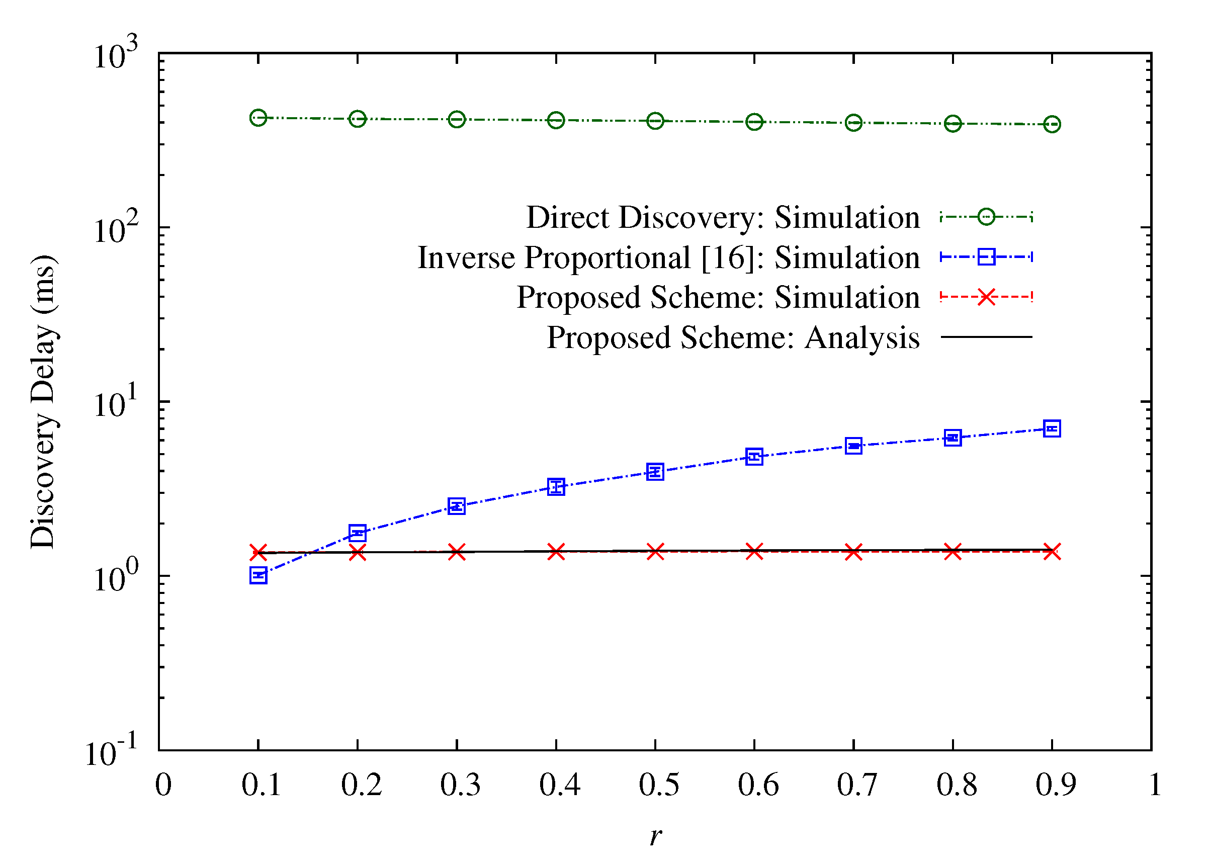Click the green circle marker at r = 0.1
258,118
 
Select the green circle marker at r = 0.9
1052,124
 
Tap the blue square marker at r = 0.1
258,575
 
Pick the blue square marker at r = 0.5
655,471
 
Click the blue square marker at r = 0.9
1052,428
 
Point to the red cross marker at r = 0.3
457,552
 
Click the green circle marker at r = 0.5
655,121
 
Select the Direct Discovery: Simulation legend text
723,217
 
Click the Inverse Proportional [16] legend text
668,258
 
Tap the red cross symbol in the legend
986,297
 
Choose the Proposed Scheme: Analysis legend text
733,337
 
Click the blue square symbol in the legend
986,257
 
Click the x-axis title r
655,835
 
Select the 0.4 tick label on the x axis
559,785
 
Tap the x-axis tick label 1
1155,785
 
